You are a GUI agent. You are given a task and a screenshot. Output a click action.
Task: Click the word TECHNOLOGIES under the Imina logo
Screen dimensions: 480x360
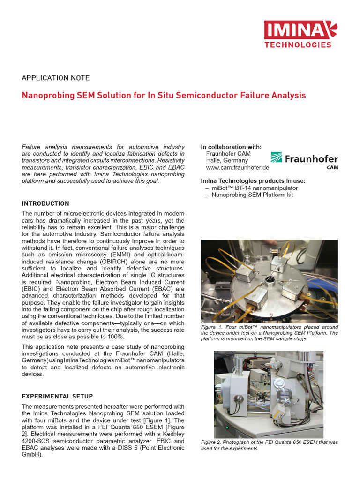[298, 45]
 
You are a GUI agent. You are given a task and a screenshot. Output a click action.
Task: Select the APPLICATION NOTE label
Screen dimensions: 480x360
[56, 78]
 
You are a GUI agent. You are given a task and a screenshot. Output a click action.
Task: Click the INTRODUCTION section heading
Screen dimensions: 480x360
[45, 203]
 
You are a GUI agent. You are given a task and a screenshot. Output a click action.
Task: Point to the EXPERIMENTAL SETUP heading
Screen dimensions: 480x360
[57, 396]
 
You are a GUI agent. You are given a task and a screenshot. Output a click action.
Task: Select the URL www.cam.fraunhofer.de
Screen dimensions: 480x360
[237, 167]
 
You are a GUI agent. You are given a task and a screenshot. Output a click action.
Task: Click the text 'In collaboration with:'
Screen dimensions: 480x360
[231, 147]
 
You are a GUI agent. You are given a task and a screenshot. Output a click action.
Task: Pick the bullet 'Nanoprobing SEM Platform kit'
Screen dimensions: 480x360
[252, 195]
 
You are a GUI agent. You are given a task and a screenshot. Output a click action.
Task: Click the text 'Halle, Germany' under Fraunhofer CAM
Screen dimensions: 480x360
[227, 160]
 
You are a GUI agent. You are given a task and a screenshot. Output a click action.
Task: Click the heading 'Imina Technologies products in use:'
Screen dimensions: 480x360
[253, 181]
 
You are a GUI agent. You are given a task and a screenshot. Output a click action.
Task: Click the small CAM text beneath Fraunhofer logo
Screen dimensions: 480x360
[332, 167]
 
